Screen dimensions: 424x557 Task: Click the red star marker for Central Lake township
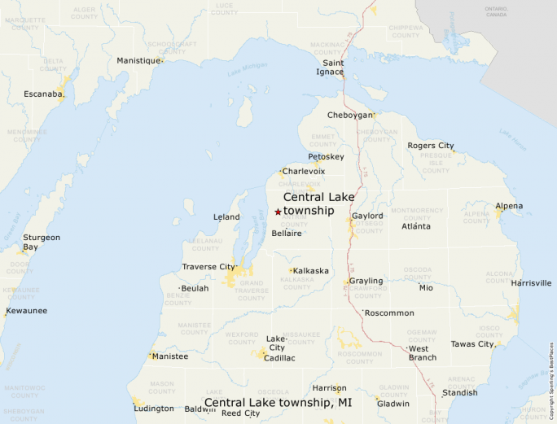[x=278, y=212]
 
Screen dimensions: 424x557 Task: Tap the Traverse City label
[x=208, y=267]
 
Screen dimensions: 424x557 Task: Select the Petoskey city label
[x=326, y=156]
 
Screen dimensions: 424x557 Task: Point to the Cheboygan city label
[x=349, y=116]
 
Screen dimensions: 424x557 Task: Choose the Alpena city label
[x=509, y=206]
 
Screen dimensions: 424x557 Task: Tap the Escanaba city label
[x=43, y=94]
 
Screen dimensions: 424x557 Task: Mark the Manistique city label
[x=138, y=61]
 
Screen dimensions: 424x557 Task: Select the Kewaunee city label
[x=26, y=311]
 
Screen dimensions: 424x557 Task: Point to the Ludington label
[x=155, y=409]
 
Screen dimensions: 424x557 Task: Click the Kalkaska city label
[x=311, y=270]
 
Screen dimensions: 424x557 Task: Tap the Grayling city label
[x=366, y=282]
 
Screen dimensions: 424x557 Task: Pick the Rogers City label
[x=431, y=146]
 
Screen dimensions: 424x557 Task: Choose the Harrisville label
[x=531, y=283]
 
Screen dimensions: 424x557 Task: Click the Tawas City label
[x=472, y=344]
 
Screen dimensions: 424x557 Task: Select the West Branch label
[x=422, y=353]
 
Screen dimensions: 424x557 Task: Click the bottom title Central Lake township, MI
[x=278, y=403]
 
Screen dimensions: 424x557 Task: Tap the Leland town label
[x=226, y=217]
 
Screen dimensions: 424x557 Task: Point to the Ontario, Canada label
[x=496, y=11]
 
